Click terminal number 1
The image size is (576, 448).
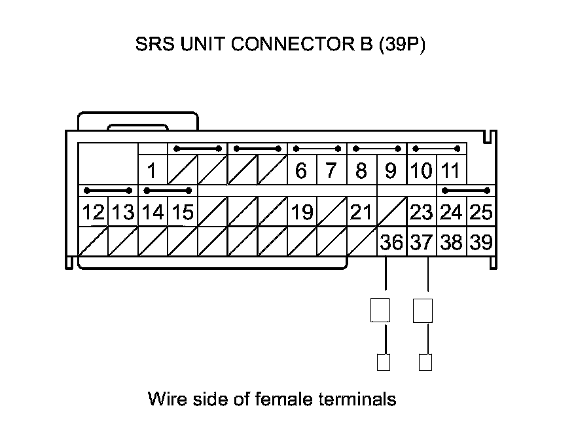click(152, 172)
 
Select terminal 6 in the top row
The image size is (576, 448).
click(301, 172)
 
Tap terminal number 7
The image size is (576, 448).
click(331, 172)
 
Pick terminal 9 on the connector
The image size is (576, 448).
click(391, 172)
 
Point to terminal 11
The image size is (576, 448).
click(450, 172)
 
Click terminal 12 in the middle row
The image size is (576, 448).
click(92, 213)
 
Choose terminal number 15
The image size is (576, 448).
click(182, 213)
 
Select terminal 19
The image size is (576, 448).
click(301, 213)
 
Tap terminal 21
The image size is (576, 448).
click(361, 213)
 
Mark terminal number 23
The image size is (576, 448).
click(421, 213)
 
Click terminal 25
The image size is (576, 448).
click(480, 213)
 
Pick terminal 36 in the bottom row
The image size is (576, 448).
click(391, 242)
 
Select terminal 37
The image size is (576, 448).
click(421, 242)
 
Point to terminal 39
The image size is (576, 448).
click(481, 242)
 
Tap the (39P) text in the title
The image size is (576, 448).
click(402, 45)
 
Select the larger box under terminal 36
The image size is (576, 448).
click(380, 310)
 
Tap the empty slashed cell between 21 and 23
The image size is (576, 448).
click(391, 213)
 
